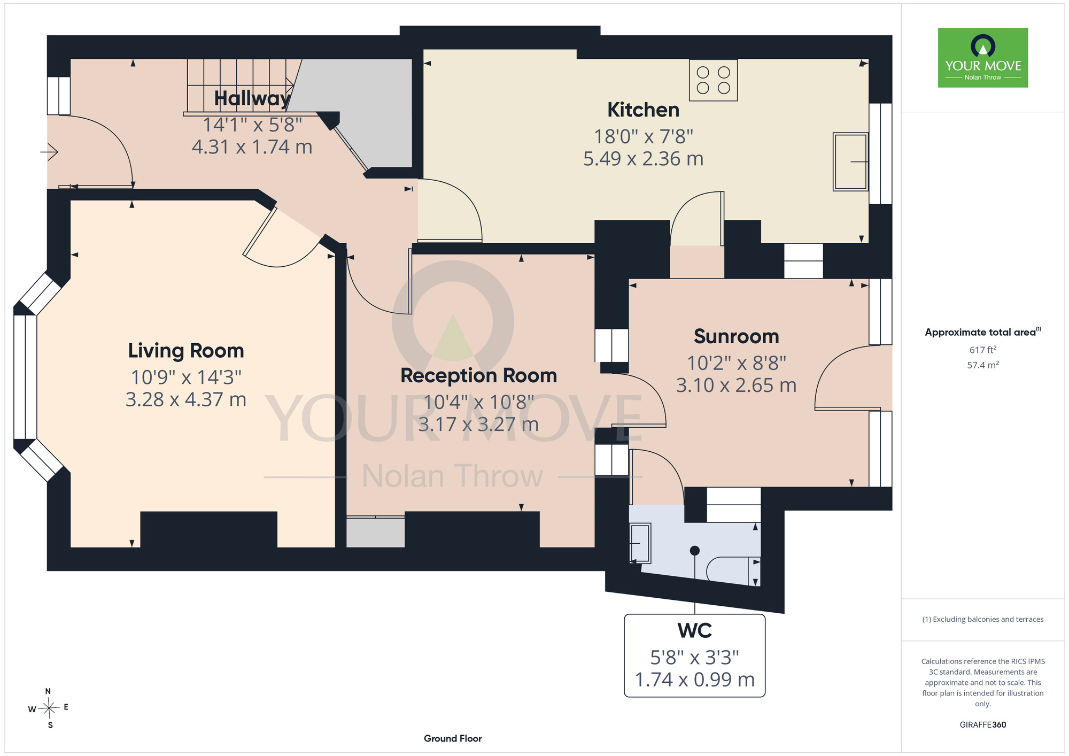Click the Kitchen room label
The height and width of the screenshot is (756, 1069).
click(643, 110)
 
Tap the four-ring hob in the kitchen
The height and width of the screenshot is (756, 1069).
click(713, 80)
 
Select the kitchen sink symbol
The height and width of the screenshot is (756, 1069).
click(850, 161)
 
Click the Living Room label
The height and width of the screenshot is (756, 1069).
click(186, 351)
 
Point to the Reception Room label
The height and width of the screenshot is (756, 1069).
click(479, 376)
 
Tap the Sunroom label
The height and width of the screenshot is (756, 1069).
click(736, 337)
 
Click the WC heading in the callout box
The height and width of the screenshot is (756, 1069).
click(694, 631)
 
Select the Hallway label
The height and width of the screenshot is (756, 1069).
click(252, 99)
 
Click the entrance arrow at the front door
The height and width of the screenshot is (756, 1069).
click(49, 152)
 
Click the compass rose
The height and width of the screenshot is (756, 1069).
click(49, 709)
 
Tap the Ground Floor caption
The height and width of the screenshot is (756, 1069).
click(453, 738)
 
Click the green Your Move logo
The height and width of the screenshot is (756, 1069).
click(982, 58)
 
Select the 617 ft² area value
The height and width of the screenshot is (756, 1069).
click(983, 350)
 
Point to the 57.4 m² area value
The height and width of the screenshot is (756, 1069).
click(983, 365)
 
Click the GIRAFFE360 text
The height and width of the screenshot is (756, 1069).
click(982, 725)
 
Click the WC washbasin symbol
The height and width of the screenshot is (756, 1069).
click(640, 543)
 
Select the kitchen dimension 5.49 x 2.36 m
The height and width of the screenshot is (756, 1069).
click(643, 159)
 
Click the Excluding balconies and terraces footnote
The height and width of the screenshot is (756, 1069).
click(982, 620)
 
